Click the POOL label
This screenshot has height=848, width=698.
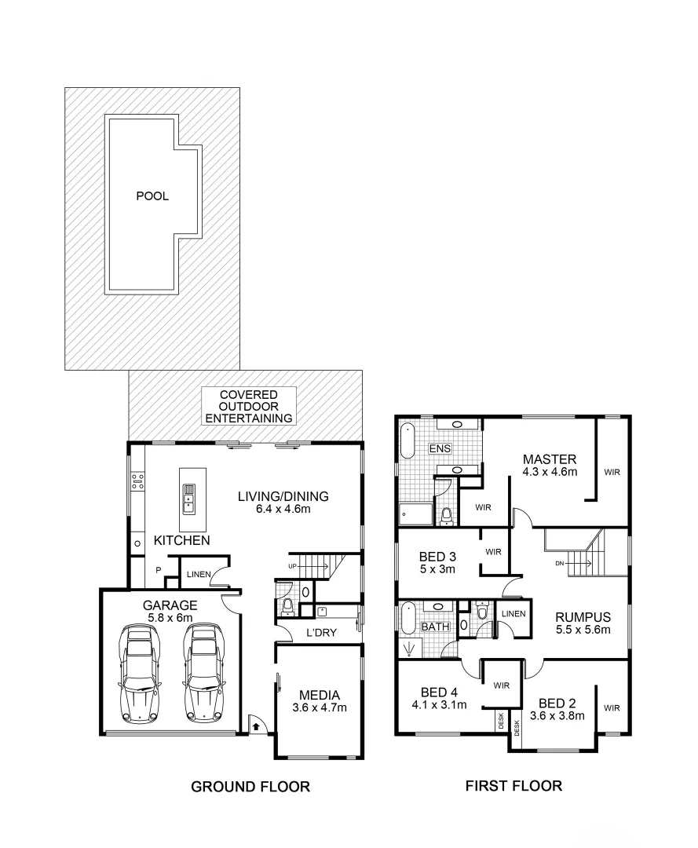152,196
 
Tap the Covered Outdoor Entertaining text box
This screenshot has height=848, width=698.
249,406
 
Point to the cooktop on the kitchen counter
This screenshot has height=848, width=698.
138,480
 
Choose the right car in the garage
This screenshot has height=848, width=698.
201,672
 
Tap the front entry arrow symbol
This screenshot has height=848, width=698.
256,726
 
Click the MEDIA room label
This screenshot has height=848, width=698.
319,695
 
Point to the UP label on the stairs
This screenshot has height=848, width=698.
293,565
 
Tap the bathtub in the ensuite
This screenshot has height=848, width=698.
407,442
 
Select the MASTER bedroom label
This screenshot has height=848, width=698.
550,459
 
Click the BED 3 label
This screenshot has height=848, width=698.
438,557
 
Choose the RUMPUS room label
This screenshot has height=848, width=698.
582,616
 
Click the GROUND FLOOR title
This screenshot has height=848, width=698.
250,786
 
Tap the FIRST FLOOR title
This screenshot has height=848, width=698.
513,785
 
